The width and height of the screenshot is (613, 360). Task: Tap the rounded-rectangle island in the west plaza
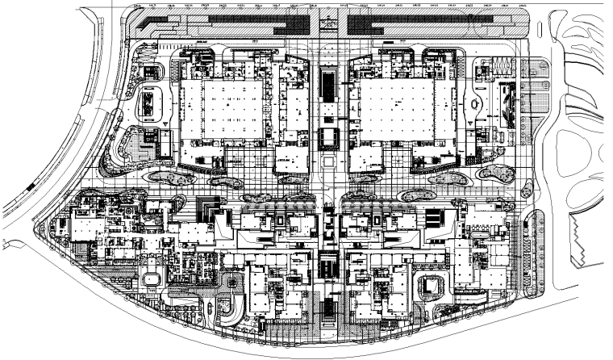coord(151,103)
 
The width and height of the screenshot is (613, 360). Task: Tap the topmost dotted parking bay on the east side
coord(536,69)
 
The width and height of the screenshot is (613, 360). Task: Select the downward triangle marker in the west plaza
coord(165,123)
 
